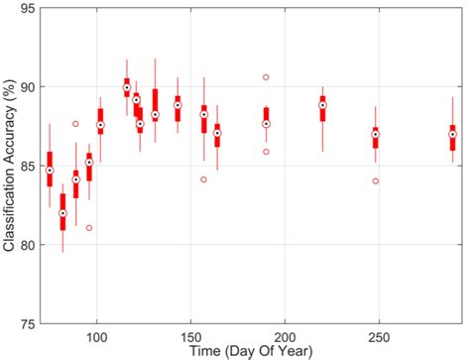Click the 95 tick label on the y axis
click(x=27, y=9)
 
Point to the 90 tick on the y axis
click(x=27, y=87)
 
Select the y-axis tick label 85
click(x=27, y=166)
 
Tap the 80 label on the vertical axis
click(x=27, y=245)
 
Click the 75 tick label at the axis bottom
click(x=27, y=323)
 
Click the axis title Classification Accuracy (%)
click(x=9, y=166)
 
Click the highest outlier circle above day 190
click(x=266, y=76)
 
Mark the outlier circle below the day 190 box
click(x=266, y=152)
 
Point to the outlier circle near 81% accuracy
click(x=89, y=227)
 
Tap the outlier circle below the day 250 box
click(x=375, y=181)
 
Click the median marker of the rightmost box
click(x=452, y=134)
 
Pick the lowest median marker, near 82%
click(x=62, y=212)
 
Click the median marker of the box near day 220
click(x=322, y=105)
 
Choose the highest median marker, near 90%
click(x=127, y=87)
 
